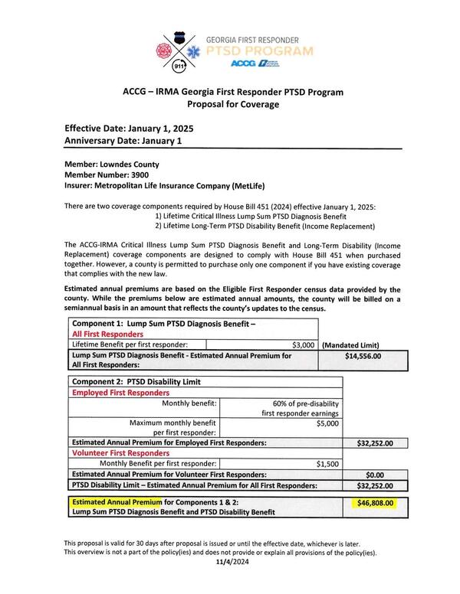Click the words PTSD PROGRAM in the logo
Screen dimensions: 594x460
coord(261,51)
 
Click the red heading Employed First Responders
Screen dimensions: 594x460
coord(120,392)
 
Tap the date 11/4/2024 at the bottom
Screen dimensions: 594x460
coord(230,561)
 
